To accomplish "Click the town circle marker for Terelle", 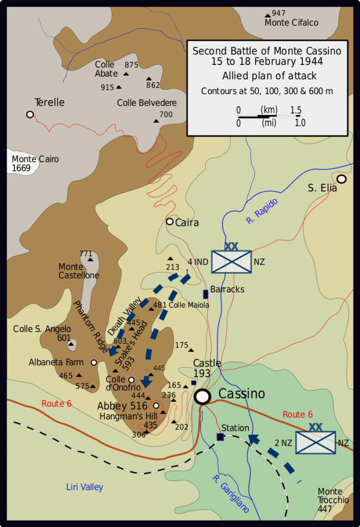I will [x=30, y=114].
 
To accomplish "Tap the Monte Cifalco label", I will [x=291, y=23].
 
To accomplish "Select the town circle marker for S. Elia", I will [x=341, y=179].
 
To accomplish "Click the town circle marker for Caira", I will [x=170, y=221].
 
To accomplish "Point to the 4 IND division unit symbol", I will [x=231, y=261].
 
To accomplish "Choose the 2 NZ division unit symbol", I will [x=316, y=442].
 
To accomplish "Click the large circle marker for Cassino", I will [x=203, y=396].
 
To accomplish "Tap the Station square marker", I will [x=220, y=437].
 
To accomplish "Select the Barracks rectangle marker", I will [x=206, y=294].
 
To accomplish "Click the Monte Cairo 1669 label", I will [x=35, y=164].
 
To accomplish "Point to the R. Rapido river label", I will [x=262, y=211].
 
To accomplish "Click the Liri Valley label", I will [x=85, y=487].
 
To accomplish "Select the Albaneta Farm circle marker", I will [x=94, y=362].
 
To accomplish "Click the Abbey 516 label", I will [x=122, y=406].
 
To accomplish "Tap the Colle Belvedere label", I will [x=147, y=103].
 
